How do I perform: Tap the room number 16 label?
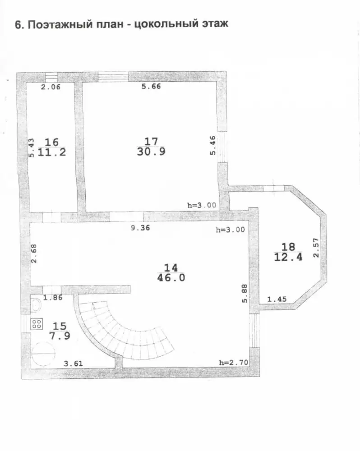(x=52, y=142)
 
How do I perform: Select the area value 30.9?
(x=151, y=152)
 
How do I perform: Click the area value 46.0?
(x=171, y=278)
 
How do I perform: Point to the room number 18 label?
(x=288, y=247)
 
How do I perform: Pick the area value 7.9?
(x=60, y=336)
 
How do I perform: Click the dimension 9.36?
(x=140, y=228)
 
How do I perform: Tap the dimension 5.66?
(x=151, y=86)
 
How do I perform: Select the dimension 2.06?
(x=51, y=87)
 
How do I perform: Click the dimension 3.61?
(x=73, y=364)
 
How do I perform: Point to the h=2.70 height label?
(x=233, y=363)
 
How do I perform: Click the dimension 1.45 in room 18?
(x=277, y=299)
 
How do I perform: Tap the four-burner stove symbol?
(x=37, y=324)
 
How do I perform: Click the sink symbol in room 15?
(x=36, y=305)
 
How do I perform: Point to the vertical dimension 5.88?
(x=245, y=294)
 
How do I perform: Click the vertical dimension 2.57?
(x=316, y=248)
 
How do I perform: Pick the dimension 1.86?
(x=53, y=297)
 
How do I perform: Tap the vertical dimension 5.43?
(x=31, y=148)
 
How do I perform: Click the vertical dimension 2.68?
(x=34, y=253)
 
